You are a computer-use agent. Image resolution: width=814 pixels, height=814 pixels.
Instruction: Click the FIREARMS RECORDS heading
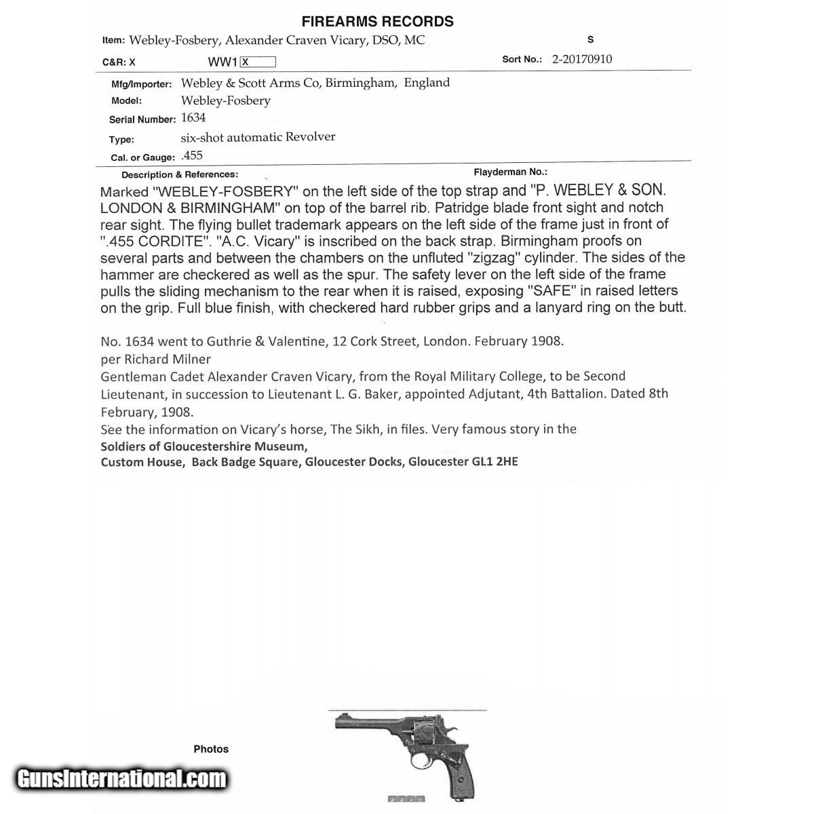point(377,22)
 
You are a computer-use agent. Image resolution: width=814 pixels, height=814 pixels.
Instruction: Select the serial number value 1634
point(193,118)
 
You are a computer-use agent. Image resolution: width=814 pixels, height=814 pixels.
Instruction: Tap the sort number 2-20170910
point(581,59)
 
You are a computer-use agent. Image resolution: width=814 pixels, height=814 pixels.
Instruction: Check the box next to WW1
point(258,62)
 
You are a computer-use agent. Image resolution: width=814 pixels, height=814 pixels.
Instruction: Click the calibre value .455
point(192,155)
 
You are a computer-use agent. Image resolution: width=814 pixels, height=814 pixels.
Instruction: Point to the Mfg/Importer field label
point(141,84)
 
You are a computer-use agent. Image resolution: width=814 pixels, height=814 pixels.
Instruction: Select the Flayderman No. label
point(510,172)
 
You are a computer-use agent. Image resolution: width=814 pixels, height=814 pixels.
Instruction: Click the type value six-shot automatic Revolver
point(258,137)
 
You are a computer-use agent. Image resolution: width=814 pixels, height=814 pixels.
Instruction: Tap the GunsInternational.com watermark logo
point(121,778)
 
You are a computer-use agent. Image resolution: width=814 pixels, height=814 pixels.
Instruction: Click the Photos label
point(211,749)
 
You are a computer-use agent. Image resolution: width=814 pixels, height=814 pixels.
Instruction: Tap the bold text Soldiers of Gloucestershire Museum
point(203,446)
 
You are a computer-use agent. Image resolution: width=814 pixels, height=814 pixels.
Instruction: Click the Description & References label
point(180,175)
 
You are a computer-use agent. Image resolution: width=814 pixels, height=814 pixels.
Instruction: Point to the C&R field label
point(119,62)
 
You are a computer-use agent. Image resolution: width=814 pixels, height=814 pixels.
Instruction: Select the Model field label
point(126,101)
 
